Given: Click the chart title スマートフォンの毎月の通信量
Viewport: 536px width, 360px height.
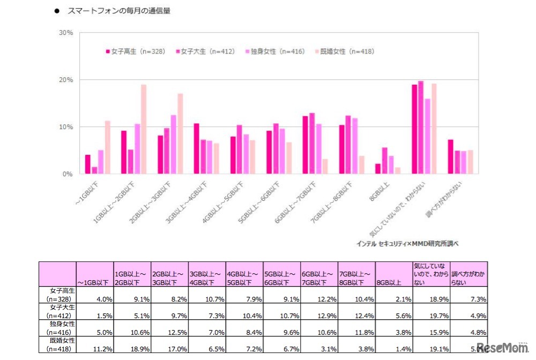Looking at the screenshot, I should [x=118, y=11].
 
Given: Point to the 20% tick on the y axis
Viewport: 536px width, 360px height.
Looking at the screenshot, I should [x=66, y=80].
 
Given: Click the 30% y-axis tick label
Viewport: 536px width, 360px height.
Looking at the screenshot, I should [x=66, y=33].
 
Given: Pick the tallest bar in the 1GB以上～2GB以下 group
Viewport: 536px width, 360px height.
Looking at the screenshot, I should [x=144, y=129].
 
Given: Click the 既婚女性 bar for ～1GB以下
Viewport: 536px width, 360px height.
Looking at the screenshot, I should [x=107, y=147].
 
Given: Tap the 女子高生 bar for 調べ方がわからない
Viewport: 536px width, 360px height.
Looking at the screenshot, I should [x=451, y=156].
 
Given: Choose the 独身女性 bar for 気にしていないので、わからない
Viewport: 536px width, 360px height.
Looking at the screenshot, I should [x=428, y=136].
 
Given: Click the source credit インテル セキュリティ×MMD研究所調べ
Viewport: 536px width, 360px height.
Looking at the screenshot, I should [x=407, y=243].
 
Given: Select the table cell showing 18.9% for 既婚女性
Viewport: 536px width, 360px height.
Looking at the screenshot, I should [x=131, y=349].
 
